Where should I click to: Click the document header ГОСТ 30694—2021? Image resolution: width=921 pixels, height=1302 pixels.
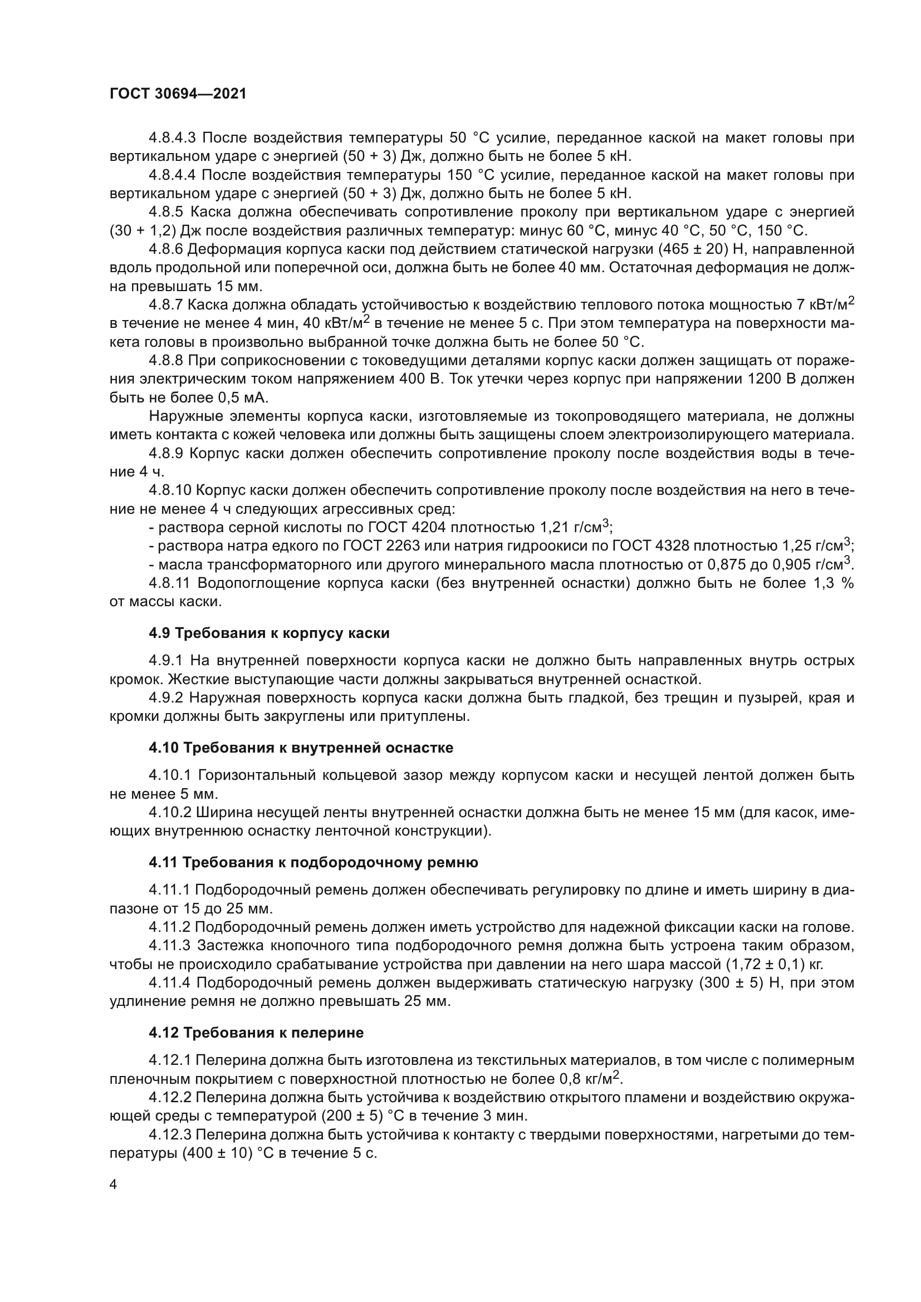click(178, 94)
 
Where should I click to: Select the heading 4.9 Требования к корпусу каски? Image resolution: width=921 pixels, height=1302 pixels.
click(269, 633)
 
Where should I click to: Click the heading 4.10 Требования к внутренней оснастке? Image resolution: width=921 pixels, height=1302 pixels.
click(301, 748)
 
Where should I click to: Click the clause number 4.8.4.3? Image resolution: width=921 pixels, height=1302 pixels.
click(172, 138)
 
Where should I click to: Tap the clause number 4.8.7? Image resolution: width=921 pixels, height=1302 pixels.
click(165, 305)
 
